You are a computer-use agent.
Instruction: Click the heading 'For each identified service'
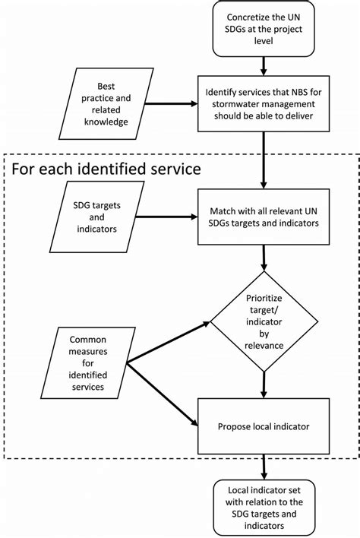point(106,166)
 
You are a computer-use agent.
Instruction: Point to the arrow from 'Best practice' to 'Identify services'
point(170,104)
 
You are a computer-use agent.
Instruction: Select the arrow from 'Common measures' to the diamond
point(167,343)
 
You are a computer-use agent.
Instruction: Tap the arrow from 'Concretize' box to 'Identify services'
point(264,66)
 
